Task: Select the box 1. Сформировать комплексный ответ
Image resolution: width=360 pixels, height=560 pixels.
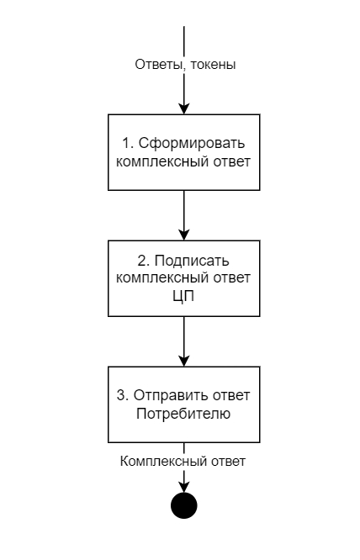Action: [x=183, y=151]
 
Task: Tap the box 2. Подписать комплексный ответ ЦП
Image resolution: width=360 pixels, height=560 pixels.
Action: [x=183, y=277]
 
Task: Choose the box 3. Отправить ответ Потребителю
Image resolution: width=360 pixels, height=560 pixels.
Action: [x=183, y=404]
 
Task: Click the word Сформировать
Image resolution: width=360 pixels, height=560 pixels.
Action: [x=193, y=144]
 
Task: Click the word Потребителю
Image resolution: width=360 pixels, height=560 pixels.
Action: [x=183, y=413]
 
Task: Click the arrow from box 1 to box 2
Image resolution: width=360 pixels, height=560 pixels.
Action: [x=183, y=214]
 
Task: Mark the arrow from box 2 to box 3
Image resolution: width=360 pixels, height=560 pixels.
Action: [x=183, y=341]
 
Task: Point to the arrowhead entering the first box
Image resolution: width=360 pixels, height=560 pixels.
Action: [x=183, y=108]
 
